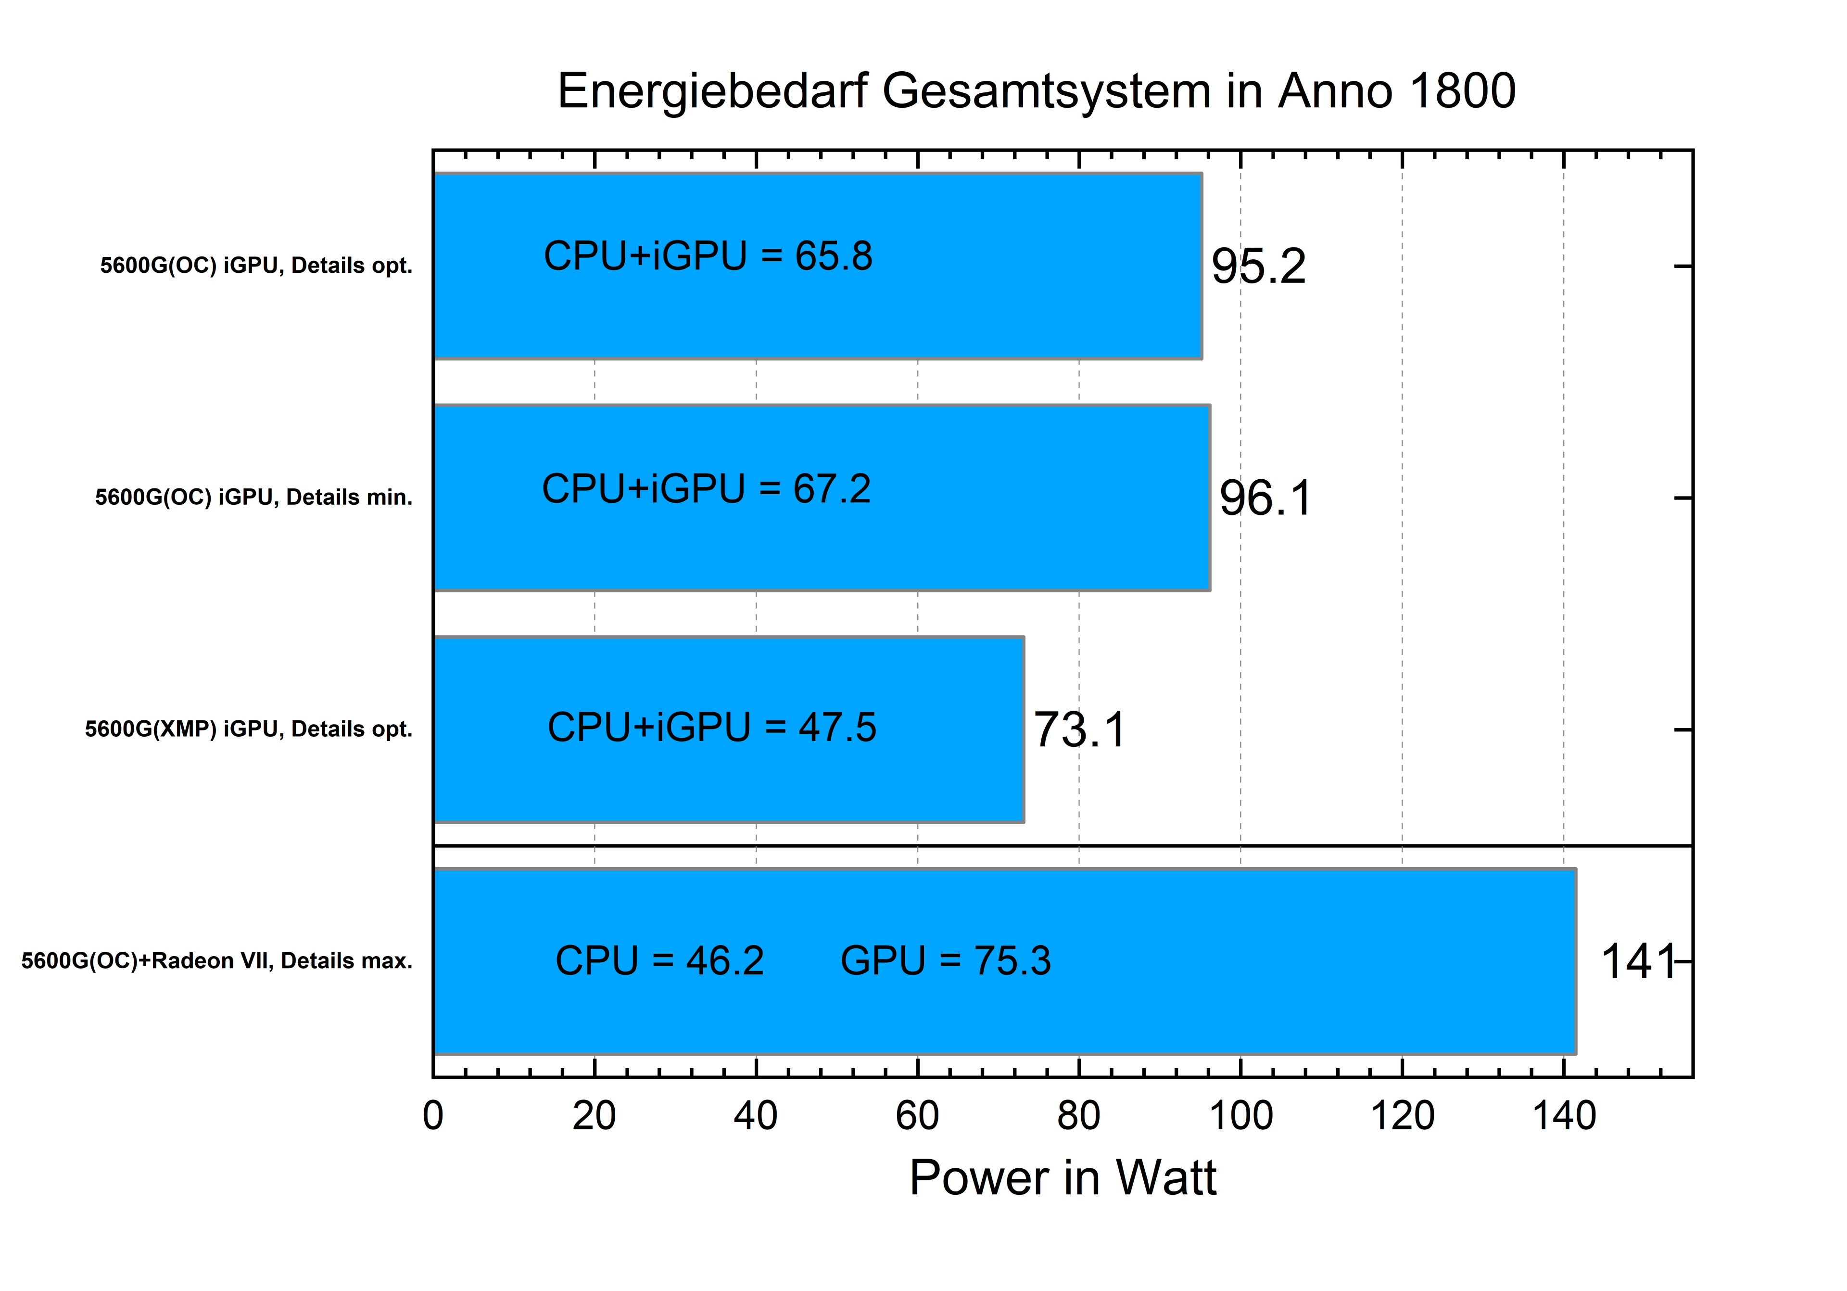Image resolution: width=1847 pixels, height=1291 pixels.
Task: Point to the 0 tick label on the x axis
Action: (433, 1115)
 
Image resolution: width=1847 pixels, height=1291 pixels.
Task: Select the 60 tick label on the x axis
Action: (917, 1115)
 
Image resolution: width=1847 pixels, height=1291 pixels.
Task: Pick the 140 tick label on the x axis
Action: (1564, 1115)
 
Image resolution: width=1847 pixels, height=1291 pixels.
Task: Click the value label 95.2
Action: (1258, 267)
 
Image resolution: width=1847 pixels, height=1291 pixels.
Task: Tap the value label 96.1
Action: (1265, 498)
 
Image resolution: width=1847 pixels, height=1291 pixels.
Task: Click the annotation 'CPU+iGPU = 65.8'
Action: (708, 256)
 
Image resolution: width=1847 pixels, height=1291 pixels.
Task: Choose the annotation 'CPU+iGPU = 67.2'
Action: (706, 488)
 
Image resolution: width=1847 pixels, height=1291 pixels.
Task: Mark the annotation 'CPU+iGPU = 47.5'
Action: (712, 727)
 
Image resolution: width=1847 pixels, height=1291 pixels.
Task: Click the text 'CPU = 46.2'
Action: (659, 960)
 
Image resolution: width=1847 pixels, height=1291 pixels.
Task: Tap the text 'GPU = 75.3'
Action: (945, 960)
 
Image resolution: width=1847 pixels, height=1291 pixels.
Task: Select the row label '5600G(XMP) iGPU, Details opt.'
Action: (249, 729)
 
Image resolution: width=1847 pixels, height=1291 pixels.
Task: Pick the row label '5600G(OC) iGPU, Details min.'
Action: (253, 498)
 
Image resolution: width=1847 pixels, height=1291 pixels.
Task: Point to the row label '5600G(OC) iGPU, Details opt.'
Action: (256, 266)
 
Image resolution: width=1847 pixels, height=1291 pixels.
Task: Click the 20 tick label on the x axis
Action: (595, 1115)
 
